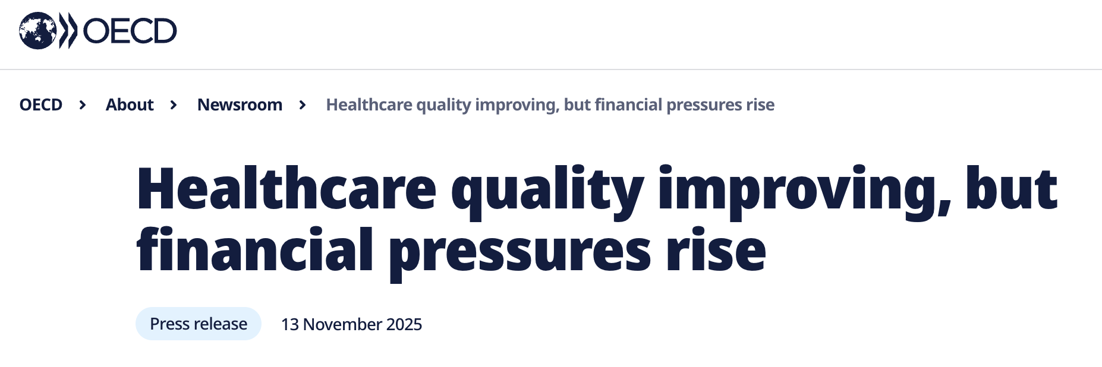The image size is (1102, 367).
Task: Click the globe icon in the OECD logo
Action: (x=38, y=31)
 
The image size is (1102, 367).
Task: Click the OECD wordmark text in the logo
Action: (x=130, y=31)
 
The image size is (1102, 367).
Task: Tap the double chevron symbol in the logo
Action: (x=68, y=31)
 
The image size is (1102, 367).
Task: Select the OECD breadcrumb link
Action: (x=41, y=105)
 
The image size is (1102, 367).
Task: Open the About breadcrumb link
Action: (x=130, y=105)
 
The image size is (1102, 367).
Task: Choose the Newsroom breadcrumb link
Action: (x=240, y=105)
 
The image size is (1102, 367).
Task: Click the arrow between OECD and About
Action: (x=83, y=105)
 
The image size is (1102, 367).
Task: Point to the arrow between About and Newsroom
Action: (x=174, y=105)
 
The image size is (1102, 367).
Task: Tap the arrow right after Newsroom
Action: (x=303, y=105)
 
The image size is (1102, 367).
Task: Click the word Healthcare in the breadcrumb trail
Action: (x=369, y=105)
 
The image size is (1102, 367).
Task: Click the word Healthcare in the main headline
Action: (x=286, y=189)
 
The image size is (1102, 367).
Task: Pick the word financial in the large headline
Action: (x=255, y=251)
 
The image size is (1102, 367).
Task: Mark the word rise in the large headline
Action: (x=716, y=251)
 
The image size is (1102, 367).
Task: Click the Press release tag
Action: (x=199, y=324)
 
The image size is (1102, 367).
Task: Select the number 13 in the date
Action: (x=289, y=324)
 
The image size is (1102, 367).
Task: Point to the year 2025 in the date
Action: (x=404, y=324)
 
